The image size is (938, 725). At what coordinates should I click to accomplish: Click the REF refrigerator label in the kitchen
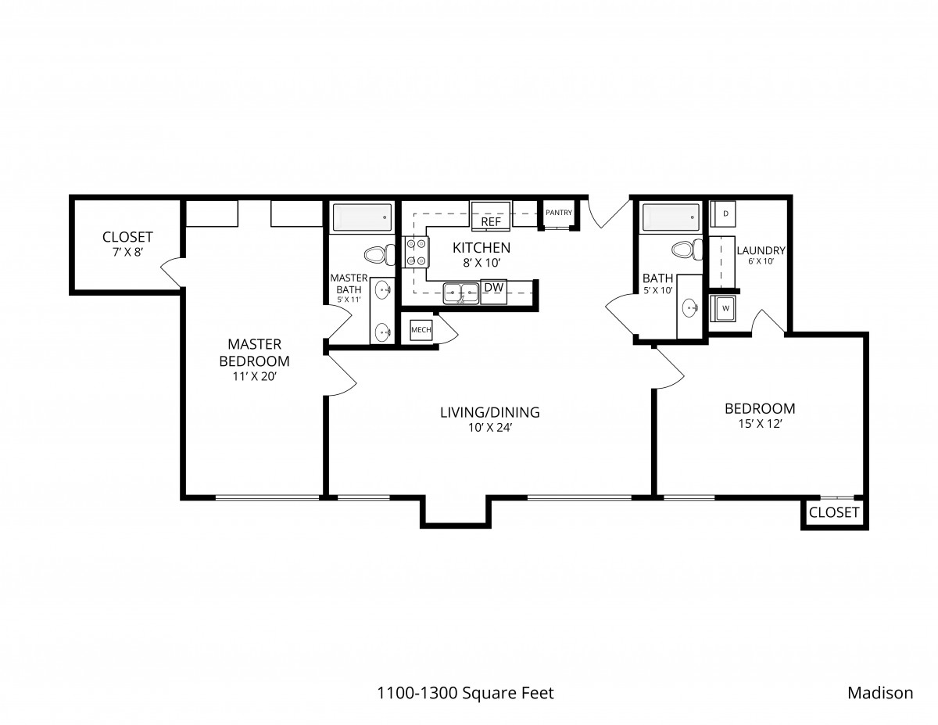(491, 222)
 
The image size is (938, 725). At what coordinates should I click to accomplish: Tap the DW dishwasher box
(494, 292)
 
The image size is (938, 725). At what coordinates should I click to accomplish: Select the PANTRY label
(559, 213)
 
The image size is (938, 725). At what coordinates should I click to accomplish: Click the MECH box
(421, 330)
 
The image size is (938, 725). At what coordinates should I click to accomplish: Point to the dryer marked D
(723, 214)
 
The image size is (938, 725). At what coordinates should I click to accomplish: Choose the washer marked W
(723, 308)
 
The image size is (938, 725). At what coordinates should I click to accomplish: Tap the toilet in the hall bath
(687, 249)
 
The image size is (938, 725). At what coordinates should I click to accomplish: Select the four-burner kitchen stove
(415, 252)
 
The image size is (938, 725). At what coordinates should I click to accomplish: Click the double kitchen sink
(461, 293)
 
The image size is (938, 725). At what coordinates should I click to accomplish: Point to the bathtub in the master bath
(362, 217)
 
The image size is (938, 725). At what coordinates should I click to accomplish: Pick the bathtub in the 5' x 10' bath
(671, 217)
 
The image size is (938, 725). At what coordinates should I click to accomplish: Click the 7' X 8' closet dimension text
(127, 252)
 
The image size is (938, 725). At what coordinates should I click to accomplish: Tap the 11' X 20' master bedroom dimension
(254, 376)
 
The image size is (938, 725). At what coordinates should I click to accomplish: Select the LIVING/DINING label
(490, 412)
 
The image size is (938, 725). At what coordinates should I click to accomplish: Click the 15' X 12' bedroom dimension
(760, 424)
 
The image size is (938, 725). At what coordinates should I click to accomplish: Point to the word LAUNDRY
(761, 250)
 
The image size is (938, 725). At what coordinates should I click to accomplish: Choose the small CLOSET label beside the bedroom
(834, 512)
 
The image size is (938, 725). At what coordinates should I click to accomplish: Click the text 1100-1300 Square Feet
(465, 693)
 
